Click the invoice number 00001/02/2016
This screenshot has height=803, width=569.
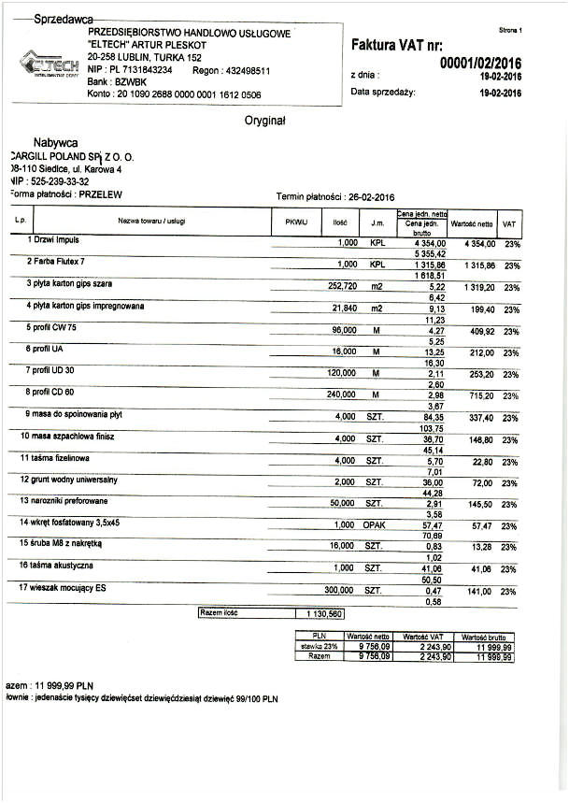click(x=479, y=63)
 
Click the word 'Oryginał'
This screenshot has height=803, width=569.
click(x=264, y=121)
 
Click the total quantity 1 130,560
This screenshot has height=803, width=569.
click(x=320, y=614)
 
